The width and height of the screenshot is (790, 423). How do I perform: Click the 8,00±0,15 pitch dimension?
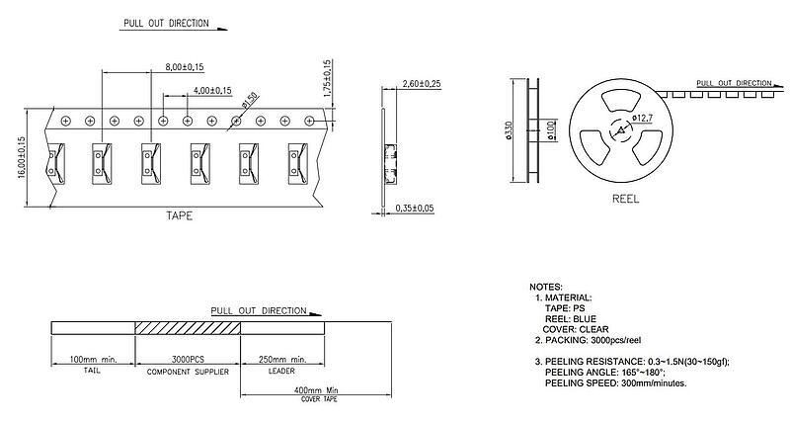click(x=185, y=67)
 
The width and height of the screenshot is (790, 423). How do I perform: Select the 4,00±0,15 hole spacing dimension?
click(x=212, y=91)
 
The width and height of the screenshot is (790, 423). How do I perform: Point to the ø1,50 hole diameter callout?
click(x=250, y=101)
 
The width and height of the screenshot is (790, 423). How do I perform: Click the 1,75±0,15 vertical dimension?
click(x=327, y=78)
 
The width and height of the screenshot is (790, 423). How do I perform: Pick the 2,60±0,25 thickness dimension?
click(x=422, y=83)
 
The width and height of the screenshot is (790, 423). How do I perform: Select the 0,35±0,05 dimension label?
click(x=415, y=209)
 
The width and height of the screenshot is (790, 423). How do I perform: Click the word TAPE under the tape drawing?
click(x=180, y=215)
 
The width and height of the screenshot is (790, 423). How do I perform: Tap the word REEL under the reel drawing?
click(x=626, y=199)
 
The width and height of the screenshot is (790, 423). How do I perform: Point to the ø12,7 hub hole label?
click(x=643, y=118)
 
